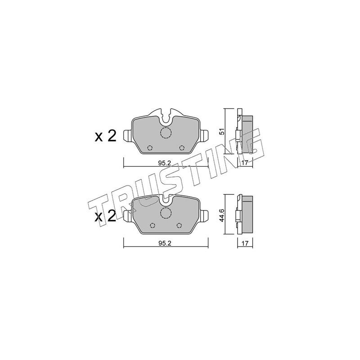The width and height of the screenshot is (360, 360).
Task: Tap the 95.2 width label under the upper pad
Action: pyautogui.click(x=164, y=163)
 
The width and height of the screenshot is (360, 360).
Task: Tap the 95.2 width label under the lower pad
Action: pyautogui.click(x=164, y=243)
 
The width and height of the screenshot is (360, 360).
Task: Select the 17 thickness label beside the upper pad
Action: pyautogui.click(x=245, y=163)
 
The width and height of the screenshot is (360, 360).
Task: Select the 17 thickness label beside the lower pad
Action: pyautogui.click(x=245, y=243)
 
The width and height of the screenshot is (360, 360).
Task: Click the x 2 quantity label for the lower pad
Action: pyautogui.click(x=105, y=216)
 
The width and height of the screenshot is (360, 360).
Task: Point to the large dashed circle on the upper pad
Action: pyautogui.click(x=166, y=133)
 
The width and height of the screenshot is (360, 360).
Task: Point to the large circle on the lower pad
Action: pyautogui.click(x=166, y=212)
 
